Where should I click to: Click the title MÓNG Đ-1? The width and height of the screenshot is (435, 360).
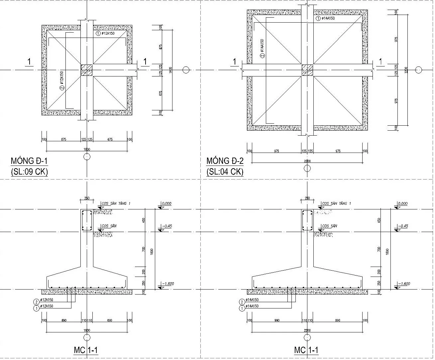[30, 161]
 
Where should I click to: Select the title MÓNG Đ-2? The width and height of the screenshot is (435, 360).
[225, 161]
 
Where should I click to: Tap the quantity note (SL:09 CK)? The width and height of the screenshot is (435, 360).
[30, 172]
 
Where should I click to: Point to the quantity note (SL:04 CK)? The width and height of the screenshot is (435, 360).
[225, 172]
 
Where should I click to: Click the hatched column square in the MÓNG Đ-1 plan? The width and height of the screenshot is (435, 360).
[87, 70]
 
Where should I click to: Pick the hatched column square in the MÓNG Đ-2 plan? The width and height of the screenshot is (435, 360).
[307, 70]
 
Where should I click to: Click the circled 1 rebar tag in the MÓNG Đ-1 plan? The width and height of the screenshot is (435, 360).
[98, 34]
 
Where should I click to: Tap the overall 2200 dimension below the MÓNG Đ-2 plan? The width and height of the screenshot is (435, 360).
[307, 161]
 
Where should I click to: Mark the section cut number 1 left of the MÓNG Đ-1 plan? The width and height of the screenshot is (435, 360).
[29, 62]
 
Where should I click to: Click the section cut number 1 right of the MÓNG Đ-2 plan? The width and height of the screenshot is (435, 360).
[381, 62]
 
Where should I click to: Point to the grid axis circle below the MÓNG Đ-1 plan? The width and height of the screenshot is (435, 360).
[87, 157]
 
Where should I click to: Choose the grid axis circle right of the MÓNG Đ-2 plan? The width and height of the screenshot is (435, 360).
[419, 70]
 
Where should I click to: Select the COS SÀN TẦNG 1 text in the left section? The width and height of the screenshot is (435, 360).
[116, 203]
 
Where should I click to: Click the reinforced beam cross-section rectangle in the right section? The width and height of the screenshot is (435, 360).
[307, 220]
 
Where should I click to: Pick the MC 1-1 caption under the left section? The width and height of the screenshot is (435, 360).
[85, 350]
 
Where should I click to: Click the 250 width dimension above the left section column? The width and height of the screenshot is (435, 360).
[87, 198]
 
